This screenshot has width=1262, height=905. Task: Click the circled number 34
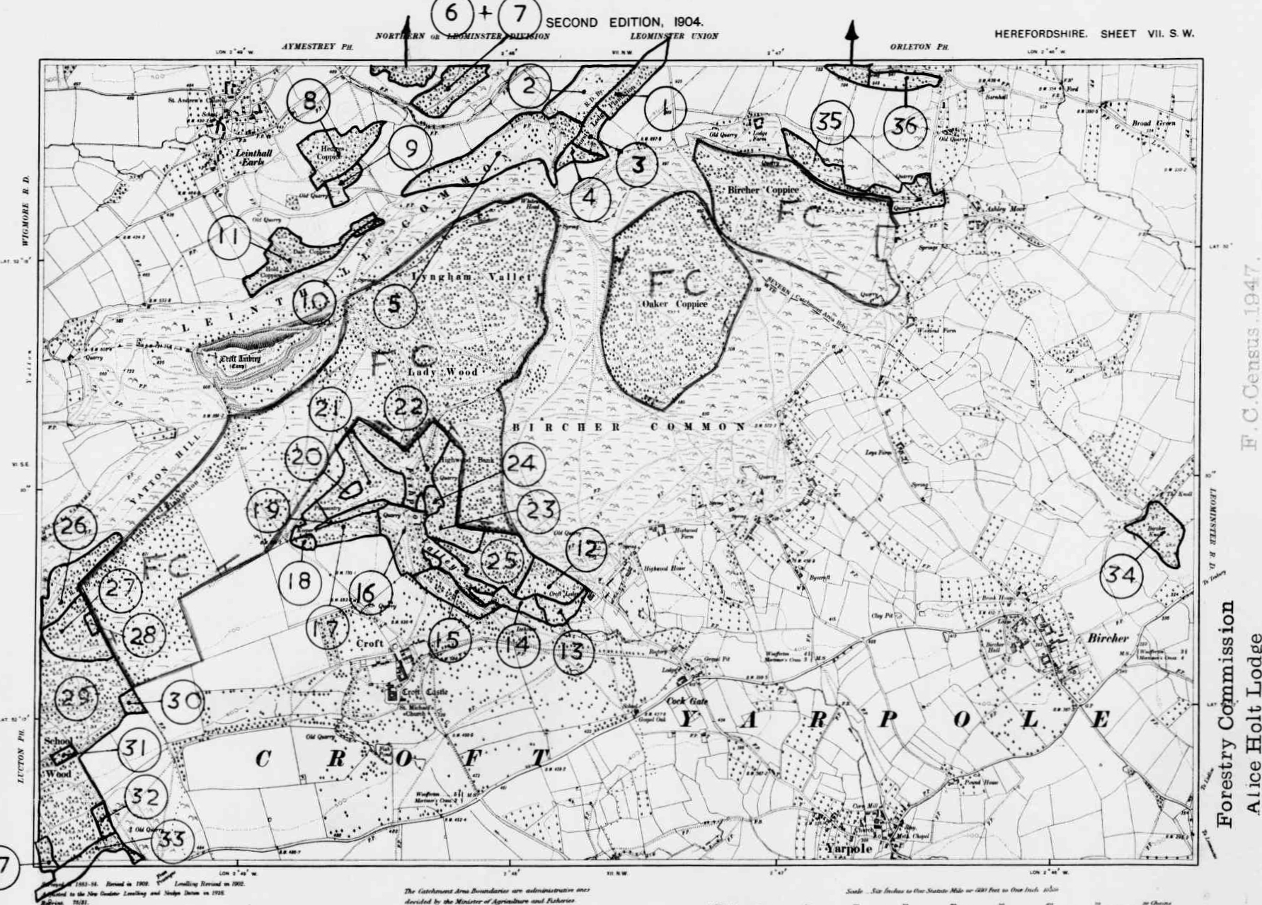(x=1121, y=574)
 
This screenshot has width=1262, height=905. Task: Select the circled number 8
(x=309, y=100)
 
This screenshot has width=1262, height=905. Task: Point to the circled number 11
(x=229, y=236)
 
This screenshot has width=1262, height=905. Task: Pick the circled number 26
(x=74, y=526)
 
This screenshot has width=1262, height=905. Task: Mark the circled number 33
(x=172, y=840)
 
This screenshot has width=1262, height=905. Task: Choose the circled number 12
(x=586, y=548)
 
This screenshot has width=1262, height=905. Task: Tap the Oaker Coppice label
(x=675, y=304)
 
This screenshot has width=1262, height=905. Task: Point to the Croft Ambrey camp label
(x=240, y=360)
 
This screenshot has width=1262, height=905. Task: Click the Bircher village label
(x=1108, y=638)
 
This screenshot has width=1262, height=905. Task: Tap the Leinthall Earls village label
(x=244, y=156)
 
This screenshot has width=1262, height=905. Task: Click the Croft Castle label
(x=425, y=692)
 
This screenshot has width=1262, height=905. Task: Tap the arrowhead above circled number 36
(x=851, y=30)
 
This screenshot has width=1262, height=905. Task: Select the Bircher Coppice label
(x=763, y=190)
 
